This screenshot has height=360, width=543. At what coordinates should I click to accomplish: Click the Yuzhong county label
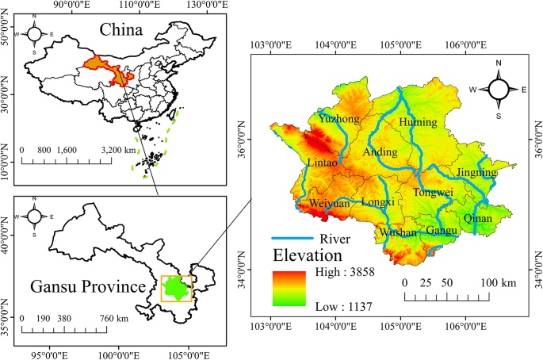tap(338, 119)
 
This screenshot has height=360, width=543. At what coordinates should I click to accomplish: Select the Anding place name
tap(379, 151)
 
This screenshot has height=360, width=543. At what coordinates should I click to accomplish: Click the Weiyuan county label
tap(329, 204)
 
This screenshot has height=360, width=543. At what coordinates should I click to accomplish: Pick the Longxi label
tap(378, 203)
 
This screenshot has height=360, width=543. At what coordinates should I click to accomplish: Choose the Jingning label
tap(476, 172)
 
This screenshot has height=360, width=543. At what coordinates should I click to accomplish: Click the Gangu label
tap(442, 231)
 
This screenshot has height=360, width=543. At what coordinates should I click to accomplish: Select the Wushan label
tap(398, 233)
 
